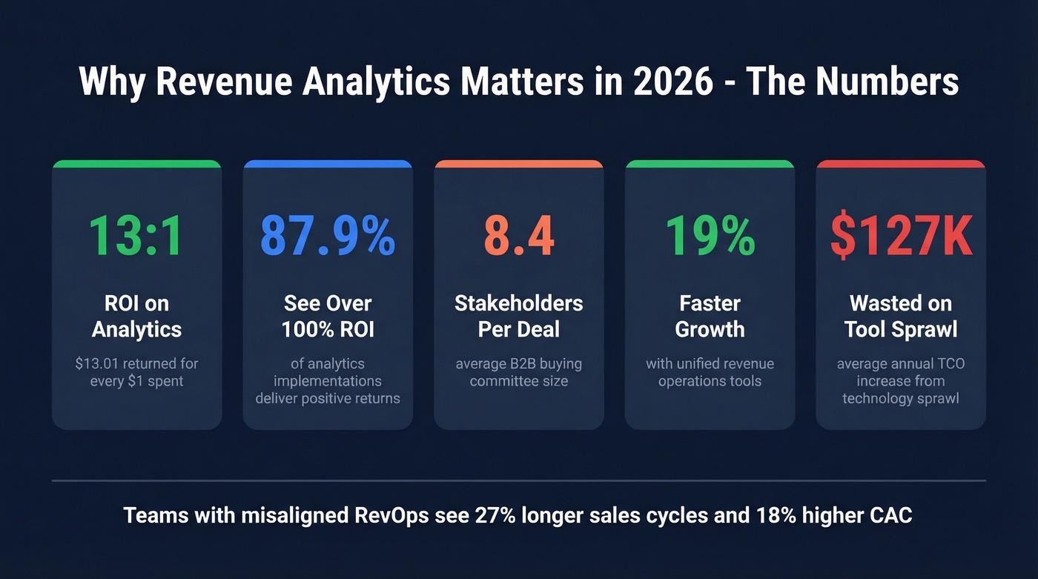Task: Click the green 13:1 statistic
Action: point(136,236)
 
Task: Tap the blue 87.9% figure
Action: point(328,236)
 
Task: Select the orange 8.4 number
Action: point(519,236)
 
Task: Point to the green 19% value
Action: point(710,236)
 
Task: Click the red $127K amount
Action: point(901,236)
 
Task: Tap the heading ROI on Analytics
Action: point(136,316)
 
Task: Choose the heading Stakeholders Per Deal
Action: point(519,316)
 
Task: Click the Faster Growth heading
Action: point(710,316)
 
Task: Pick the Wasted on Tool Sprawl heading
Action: point(901,316)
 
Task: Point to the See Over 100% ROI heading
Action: point(328,316)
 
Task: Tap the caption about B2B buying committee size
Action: point(519,373)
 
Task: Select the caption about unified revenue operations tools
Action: point(710,373)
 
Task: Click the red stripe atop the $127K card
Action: point(901,164)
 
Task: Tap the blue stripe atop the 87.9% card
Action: point(328,164)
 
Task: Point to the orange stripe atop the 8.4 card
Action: point(519,164)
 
